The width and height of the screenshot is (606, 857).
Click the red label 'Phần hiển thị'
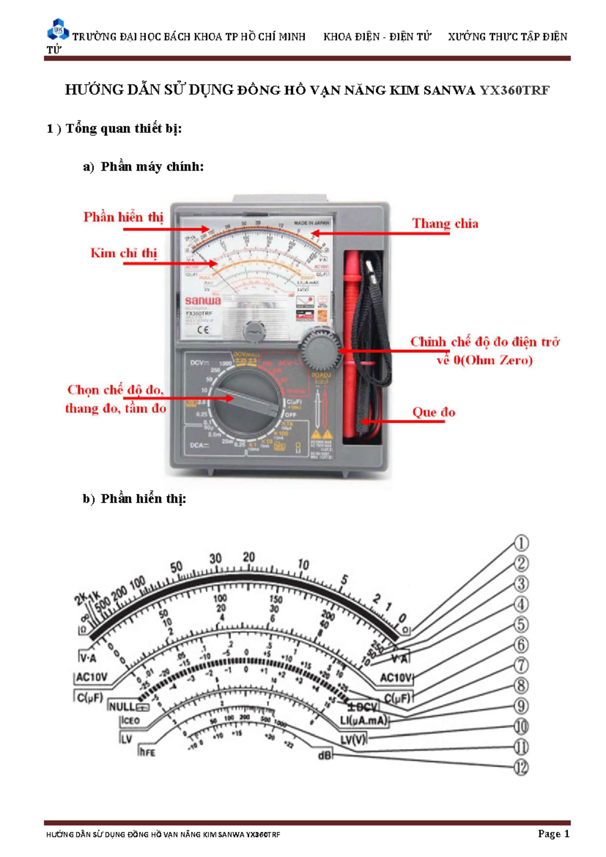123,217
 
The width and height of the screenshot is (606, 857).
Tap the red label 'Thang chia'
445,223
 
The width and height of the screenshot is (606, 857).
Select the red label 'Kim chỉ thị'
124,253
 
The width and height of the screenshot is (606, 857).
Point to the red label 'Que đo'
434,412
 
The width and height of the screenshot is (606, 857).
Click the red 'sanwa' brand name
203,301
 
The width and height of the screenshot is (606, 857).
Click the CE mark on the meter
203,330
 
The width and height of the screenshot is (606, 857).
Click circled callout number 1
521,544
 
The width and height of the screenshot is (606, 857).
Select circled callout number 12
521,768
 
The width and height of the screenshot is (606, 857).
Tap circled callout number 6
521,645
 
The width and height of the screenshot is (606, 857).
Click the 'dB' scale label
325,756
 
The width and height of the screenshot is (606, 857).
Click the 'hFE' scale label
147,752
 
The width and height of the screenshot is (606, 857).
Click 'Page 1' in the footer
553,834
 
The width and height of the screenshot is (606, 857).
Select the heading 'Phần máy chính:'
152,167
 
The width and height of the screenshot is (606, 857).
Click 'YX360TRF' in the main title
514,90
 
